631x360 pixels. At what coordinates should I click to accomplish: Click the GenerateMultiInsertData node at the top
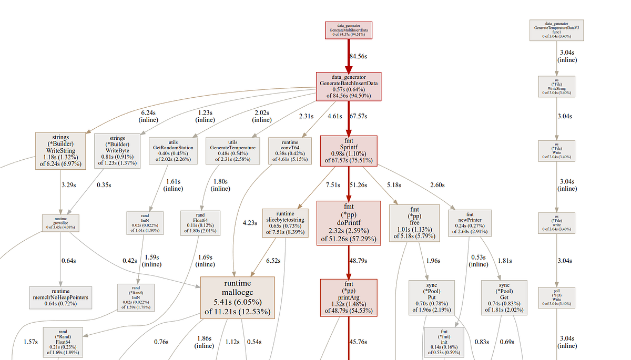click(348, 30)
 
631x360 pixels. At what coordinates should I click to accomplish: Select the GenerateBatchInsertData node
click(348, 87)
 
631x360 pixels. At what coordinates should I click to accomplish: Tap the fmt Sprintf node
click(349, 151)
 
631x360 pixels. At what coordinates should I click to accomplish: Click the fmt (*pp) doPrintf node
click(348, 223)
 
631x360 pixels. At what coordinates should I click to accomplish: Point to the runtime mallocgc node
click(238, 297)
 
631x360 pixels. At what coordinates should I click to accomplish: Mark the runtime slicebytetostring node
click(285, 223)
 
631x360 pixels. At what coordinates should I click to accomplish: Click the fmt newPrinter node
click(470, 223)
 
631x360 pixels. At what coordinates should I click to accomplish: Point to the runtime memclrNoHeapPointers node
click(60, 297)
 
